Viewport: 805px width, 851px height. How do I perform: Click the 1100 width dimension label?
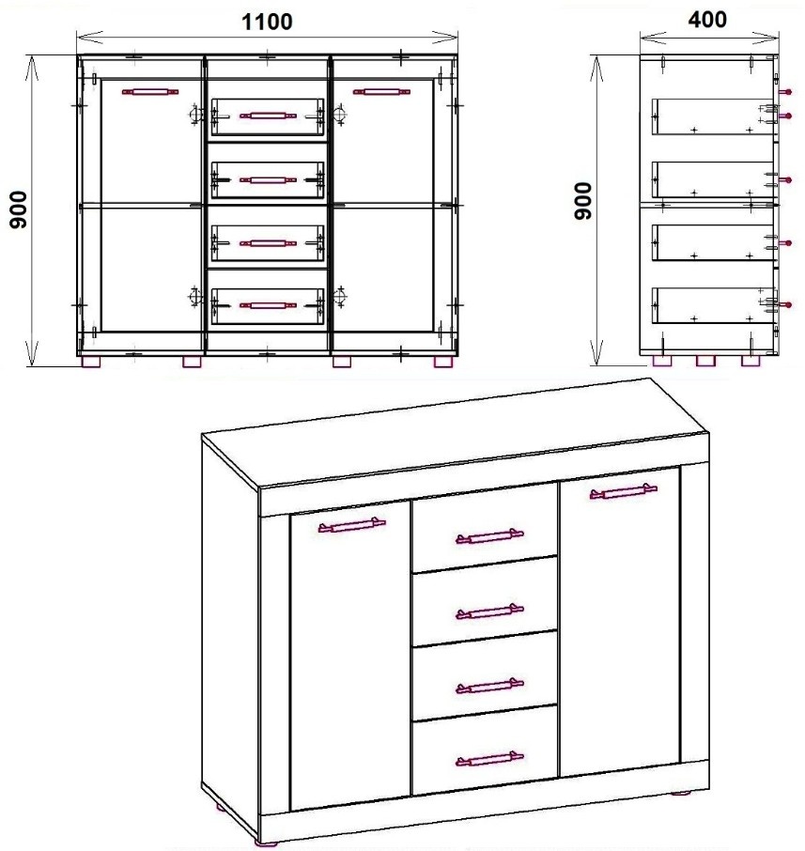(x=267, y=22)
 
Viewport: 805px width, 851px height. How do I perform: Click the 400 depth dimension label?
(x=707, y=20)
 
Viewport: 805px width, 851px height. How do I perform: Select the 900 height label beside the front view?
(x=19, y=209)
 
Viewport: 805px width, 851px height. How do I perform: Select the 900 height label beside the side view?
(x=583, y=201)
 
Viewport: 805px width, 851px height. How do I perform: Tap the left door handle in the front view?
(x=150, y=92)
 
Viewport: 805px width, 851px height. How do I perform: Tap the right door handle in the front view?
(x=381, y=92)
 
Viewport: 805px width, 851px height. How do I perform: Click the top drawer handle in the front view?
(x=268, y=116)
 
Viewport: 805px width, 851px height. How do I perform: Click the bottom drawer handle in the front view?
(x=268, y=306)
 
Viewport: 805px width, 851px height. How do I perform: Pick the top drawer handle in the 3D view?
(x=489, y=536)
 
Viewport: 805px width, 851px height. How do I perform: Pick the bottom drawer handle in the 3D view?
(x=489, y=759)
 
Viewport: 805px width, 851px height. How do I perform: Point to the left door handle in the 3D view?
(x=351, y=525)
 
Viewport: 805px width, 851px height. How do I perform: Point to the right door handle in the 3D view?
(x=623, y=491)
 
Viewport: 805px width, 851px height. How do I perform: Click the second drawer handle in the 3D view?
(x=489, y=611)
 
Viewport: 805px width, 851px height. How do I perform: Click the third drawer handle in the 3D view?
(x=489, y=686)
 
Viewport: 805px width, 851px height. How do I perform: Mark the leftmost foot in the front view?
(x=91, y=362)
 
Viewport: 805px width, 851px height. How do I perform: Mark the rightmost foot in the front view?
(x=443, y=362)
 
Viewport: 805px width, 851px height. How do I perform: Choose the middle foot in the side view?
(x=705, y=361)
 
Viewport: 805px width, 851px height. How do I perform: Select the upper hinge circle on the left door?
(x=194, y=115)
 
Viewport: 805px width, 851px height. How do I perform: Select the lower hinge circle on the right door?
(x=340, y=296)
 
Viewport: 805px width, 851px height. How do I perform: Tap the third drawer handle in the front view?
(x=268, y=243)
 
